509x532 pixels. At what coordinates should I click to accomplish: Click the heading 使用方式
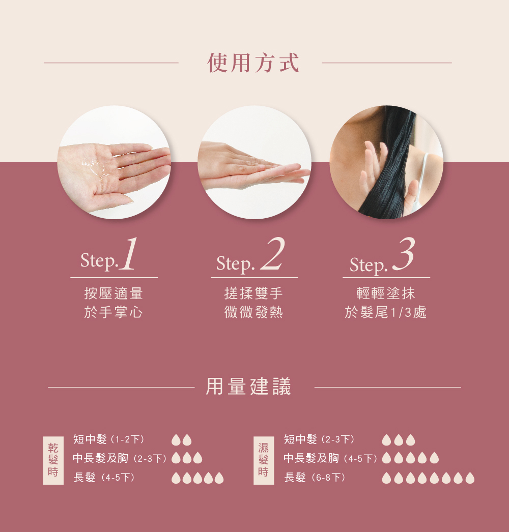click(x=253, y=63)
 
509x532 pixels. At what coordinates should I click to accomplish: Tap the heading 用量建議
click(x=249, y=387)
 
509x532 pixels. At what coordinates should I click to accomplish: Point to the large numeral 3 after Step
click(x=404, y=255)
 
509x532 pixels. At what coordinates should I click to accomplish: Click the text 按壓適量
click(x=114, y=293)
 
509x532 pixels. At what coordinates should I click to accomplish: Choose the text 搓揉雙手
click(x=253, y=293)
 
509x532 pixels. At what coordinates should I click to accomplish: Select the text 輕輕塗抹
click(x=386, y=293)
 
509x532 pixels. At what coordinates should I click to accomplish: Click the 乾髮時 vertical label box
click(x=53, y=459)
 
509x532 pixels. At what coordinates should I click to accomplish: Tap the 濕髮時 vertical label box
click(x=264, y=459)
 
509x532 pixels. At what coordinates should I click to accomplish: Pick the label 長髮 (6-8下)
click(x=315, y=478)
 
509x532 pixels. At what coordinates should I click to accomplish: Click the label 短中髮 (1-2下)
click(x=109, y=439)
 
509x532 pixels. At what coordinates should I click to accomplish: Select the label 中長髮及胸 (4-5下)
click(x=330, y=458)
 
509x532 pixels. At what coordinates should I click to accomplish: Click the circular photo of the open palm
click(x=114, y=162)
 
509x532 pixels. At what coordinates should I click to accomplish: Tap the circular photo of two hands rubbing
click(x=254, y=162)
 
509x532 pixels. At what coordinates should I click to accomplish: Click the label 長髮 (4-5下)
click(x=104, y=478)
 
